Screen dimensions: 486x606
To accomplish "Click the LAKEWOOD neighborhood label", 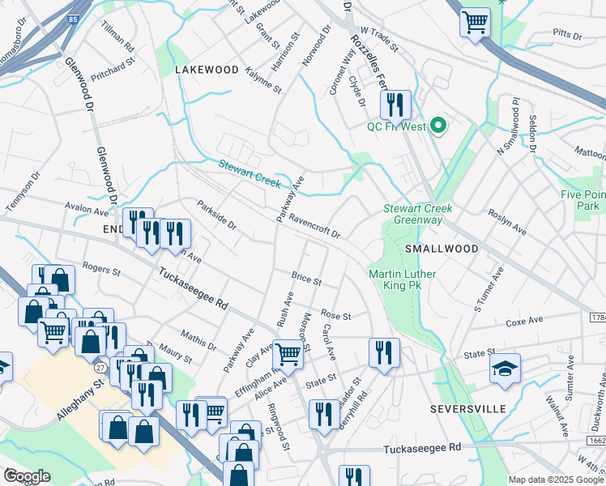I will coord(207,70).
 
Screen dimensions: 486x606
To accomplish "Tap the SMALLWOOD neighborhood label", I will coord(442,248).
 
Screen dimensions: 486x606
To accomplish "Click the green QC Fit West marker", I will coord(438,126).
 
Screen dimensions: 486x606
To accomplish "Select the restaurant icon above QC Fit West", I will coord(395,104).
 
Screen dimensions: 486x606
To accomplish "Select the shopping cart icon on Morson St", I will coord(288,353).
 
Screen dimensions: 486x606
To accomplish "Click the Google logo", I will coord(27,475).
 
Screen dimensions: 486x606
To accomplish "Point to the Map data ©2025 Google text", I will coord(556,480).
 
